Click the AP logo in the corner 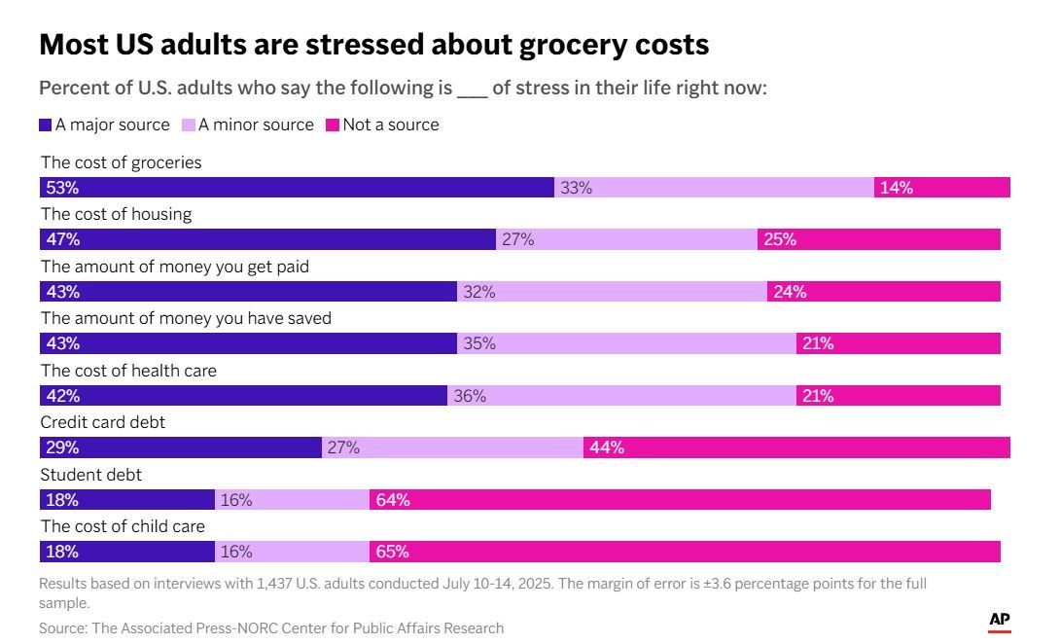[1000, 621]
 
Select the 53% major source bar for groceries [297, 188]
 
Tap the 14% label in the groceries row [897, 188]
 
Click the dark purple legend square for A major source [46, 125]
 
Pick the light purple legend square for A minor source [189, 125]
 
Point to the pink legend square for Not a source [333, 125]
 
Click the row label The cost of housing [117, 214]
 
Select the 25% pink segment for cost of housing [879, 239]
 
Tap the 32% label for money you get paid [479, 292]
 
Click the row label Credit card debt [103, 422]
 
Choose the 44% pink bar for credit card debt [797, 447]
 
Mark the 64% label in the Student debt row [393, 500]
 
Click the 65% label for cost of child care [393, 552]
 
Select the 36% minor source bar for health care [622, 396]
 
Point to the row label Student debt [91, 475]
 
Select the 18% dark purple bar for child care [127, 552]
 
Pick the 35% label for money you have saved [479, 343]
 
